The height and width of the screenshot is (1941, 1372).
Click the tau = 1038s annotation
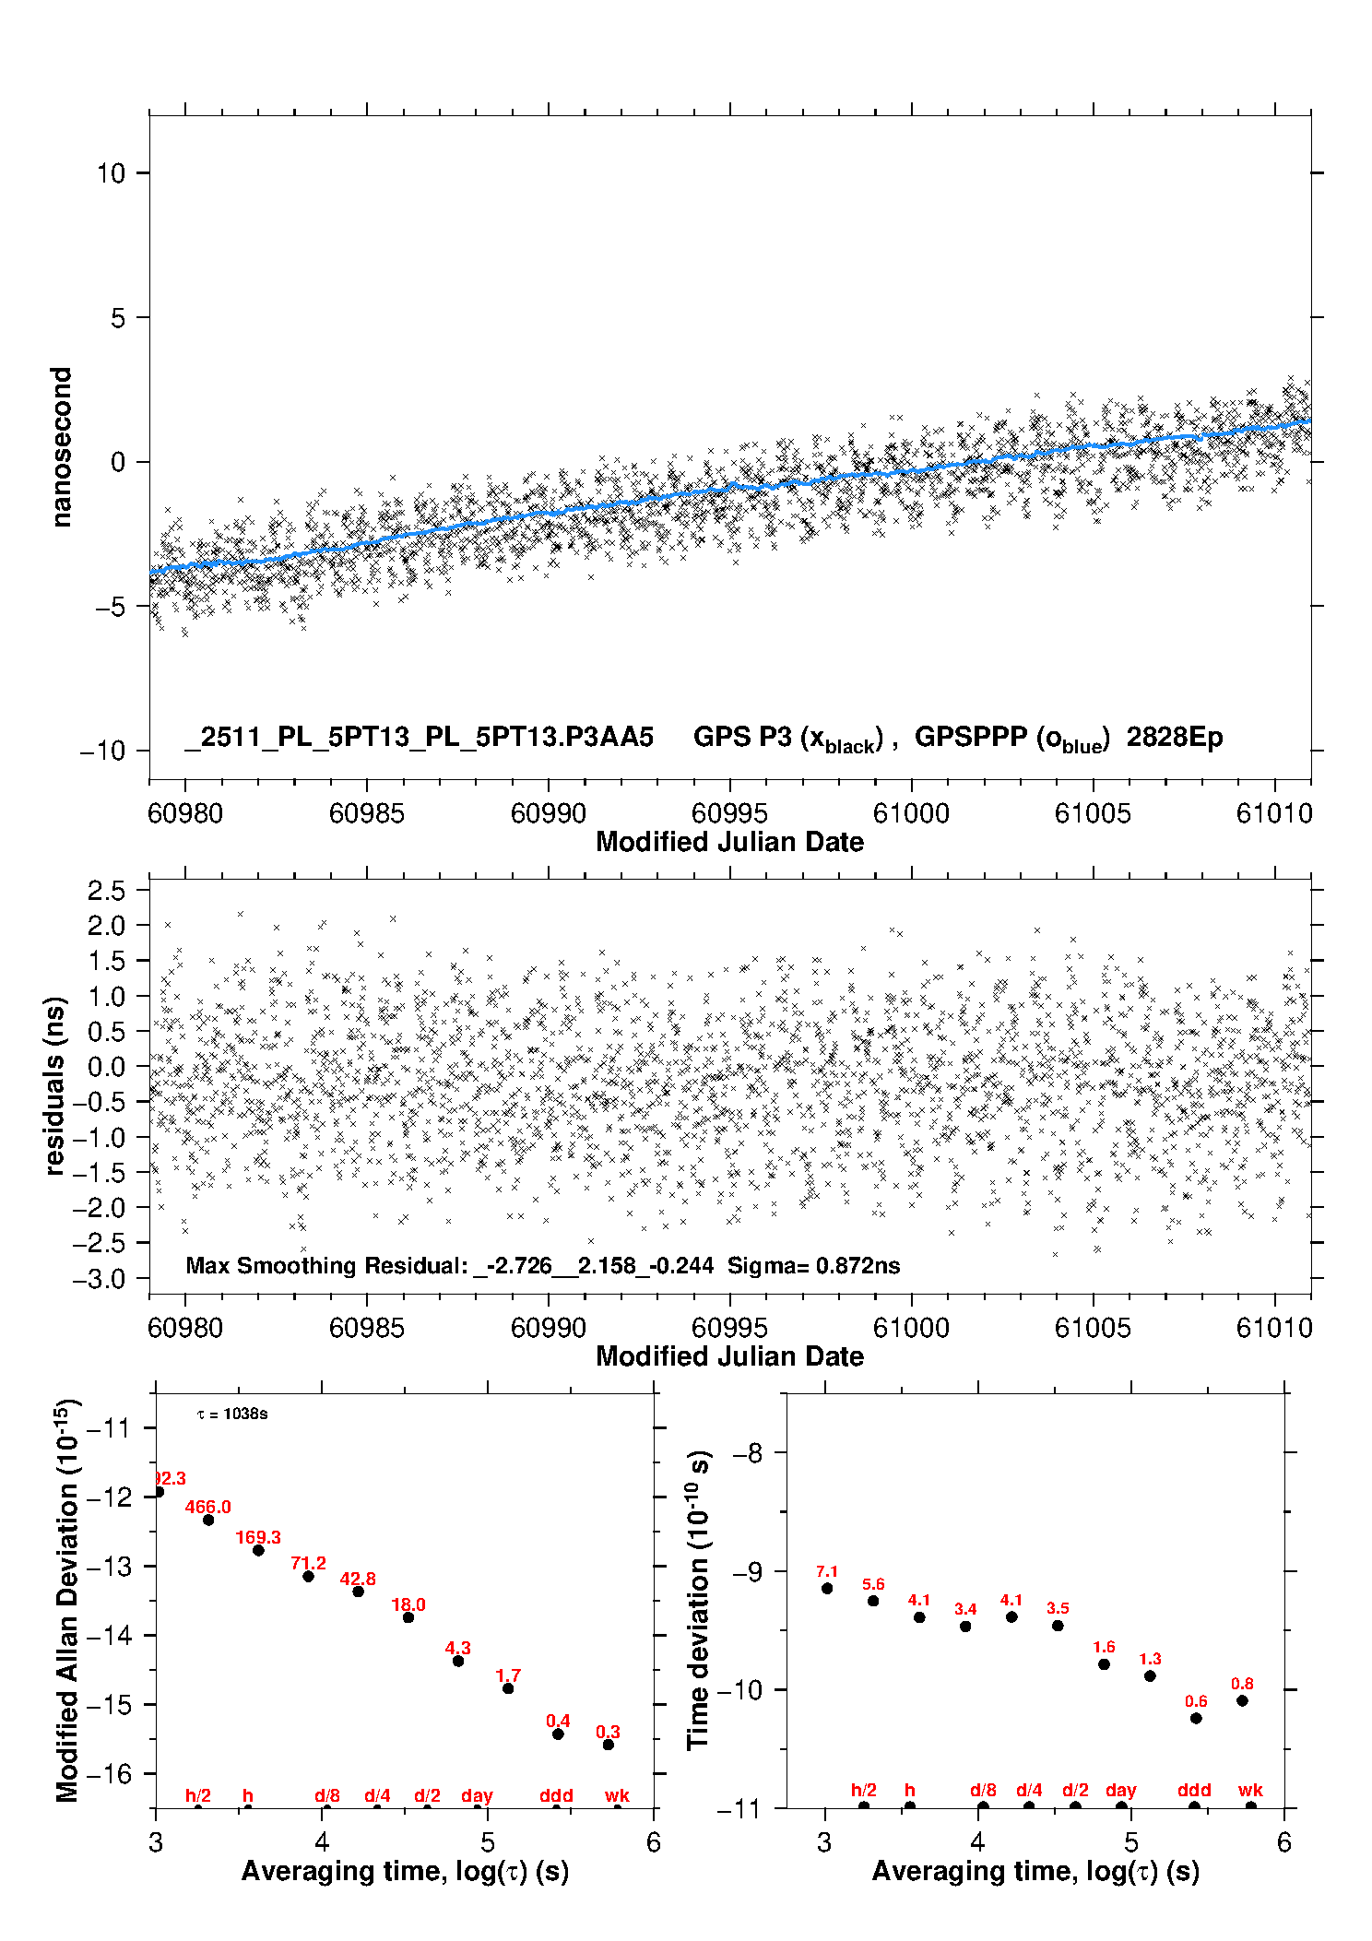point(232,1414)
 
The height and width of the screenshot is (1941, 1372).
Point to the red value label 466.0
point(208,1507)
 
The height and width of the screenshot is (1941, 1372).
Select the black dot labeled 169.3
point(259,1550)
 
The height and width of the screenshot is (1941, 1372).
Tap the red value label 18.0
point(408,1604)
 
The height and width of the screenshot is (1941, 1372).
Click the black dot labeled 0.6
point(1196,1718)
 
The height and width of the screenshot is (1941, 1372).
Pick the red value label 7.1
point(827,1571)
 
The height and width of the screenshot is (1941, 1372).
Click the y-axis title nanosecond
point(62,447)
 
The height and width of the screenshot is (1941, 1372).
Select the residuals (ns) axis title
point(55,1085)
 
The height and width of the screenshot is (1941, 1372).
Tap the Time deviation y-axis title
point(699,1600)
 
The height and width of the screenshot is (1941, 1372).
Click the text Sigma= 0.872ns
point(813,1265)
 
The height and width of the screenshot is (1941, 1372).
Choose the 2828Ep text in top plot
point(1175,737)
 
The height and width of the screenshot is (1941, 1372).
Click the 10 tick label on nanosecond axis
point(111,173)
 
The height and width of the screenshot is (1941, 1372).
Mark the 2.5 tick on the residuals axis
point(106,891)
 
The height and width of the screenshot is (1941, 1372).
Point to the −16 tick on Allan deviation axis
point(109,1773)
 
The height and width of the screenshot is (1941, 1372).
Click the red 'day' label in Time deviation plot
point(1121,1790)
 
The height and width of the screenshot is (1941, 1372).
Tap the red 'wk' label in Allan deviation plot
point(617,1795)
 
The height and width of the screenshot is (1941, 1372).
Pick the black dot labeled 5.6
point(873,1601)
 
